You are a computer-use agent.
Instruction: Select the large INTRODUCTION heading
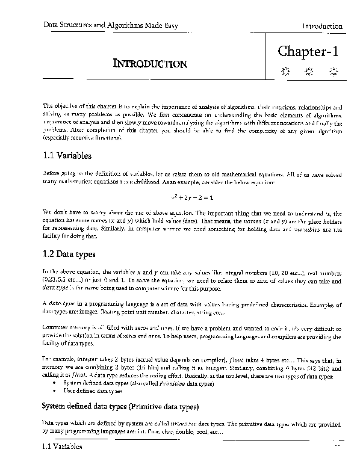tap(150, 63)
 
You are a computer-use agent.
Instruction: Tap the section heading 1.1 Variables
tap(67, 156)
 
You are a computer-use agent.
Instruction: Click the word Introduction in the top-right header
tap(322, 26)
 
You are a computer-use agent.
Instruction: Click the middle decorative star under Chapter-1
tap(309, 73)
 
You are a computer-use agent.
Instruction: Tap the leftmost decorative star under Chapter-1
tap(285, 73)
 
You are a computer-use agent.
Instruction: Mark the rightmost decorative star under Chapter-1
tap(333, 73)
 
